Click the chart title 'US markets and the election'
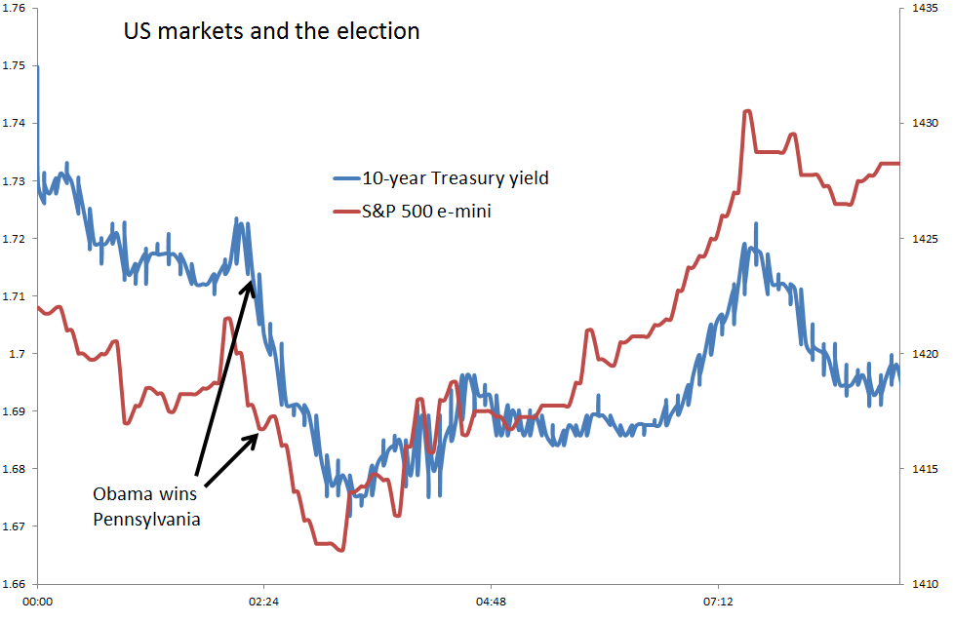tap(271, 31)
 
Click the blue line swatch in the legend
tap(345, 178)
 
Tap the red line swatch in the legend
tap(345, 211)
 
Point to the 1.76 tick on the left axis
tap(18, 9)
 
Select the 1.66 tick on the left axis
tap(18, 584)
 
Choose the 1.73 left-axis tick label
tap(18, 181)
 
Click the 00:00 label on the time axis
tap(37, 603)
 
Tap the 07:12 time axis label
tap(717, 603)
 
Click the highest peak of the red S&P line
tap(747, 111)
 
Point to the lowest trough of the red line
tap(340, 551)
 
